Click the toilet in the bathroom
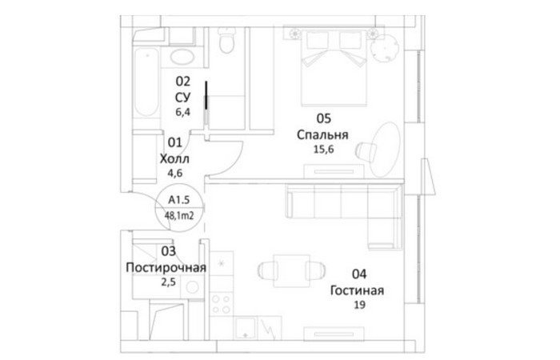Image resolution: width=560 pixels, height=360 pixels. click(226, 40)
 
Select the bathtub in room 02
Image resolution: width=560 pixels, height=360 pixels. click(146, 83)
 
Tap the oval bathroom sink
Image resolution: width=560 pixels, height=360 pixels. click(182, 57)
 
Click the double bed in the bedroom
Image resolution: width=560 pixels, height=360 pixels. click(334, 68)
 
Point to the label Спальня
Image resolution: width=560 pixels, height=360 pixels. click(322, 134)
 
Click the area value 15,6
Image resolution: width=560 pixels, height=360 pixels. click(323, 150)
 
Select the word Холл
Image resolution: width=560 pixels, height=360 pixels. click(174, 159)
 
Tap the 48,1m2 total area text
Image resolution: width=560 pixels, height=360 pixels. click(179, 215)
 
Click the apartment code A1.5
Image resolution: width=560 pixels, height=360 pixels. click(179, 200)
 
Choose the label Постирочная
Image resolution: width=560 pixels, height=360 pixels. click(166, 267)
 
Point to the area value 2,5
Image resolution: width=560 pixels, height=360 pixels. click(168, 282)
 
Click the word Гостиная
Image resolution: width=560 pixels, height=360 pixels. click(357, 290)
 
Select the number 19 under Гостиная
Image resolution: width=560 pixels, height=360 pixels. click(360, 305)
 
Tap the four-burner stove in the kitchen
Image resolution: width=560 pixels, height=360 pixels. click(222, 304)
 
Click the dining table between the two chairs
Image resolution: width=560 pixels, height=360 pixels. click(291, 270)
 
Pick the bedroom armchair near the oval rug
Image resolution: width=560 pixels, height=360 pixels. click(366, 150)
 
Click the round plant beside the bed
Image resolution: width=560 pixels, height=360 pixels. click(384, 50)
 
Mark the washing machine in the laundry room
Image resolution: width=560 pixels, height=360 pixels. click(192, 287)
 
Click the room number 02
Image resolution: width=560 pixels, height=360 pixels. click(183, 82)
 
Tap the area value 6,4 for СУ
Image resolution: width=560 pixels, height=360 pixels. click(183, 112)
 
